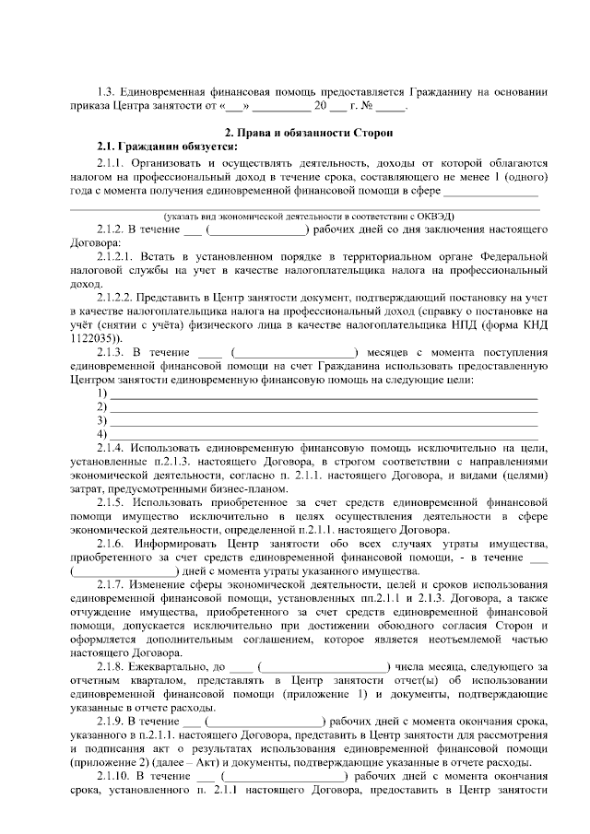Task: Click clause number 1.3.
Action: click(108, 91)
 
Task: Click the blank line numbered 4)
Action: click(323, 433)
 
